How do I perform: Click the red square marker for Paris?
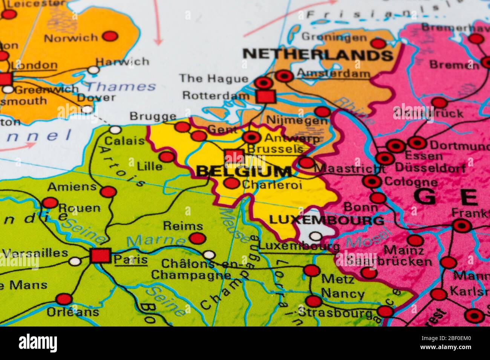pos(101,256)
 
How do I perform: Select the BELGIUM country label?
pos(244,172)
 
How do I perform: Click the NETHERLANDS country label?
pos(318,55)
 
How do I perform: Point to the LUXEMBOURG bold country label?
pos(326,220)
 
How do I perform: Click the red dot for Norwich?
pos(110,36)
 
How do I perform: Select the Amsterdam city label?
pos(333,73)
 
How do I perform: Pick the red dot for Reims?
pos(198,238)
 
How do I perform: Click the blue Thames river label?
pos(121,87)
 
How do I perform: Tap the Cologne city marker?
pos(372,182)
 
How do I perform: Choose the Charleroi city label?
pos(272,185)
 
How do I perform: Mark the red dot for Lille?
pos(167,157)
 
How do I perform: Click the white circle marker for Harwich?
pos(93,70)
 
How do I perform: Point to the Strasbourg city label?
pos(335,312)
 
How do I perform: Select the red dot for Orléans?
pos(64,299)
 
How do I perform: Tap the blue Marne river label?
pos(155,240)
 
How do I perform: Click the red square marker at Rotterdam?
pos(265,96)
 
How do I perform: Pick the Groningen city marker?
pos(378,43)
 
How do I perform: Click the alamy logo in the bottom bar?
pos(38,343)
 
